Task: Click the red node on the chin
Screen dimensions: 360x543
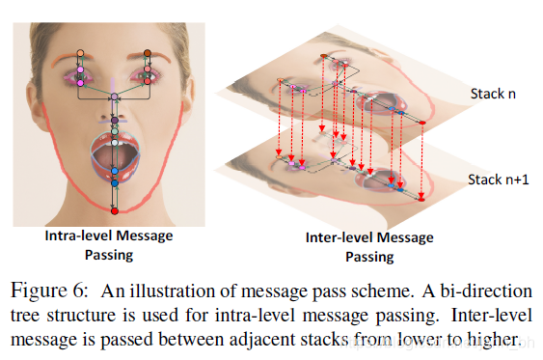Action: click(x=114, y=208)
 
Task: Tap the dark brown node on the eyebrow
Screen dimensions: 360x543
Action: click(x=148, y=53)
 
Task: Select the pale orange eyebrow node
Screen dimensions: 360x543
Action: click(x=80, y=53)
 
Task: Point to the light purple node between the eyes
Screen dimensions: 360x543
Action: click(x=114, y=97)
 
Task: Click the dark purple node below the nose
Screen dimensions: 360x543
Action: click(x=114, y=121)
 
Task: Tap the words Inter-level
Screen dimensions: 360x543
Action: click(x=337, y=238)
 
